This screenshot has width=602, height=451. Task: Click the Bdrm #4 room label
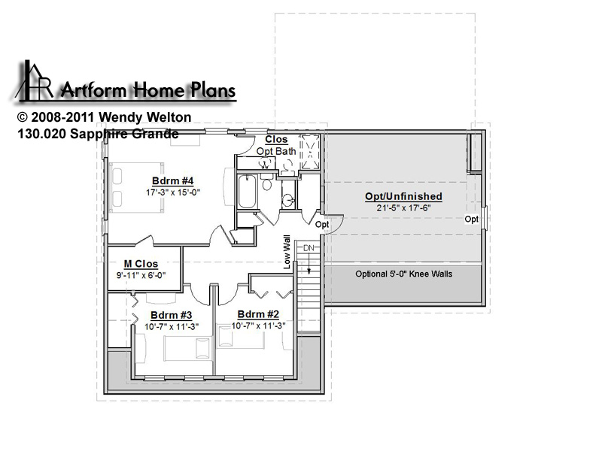pos(173,180)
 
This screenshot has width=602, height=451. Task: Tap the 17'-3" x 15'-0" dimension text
pos(173,192)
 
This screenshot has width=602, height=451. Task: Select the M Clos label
pos(141,264)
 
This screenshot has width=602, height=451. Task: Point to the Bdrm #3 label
pos(172,315)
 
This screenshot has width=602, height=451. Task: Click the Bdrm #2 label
pos(258,314)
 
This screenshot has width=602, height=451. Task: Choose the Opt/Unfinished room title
pos(403,196)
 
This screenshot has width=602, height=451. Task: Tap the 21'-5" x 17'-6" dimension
pos(403,208)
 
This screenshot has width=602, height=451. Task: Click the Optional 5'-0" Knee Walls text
pos(403,274)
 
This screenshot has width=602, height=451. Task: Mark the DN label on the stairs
pos(309,248)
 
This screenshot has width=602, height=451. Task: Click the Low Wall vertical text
pos(287,252)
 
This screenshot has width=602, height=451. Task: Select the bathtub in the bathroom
pos(248,192)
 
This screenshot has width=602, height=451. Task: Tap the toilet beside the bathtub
pos(267,183)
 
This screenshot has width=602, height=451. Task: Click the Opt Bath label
pos(276,152)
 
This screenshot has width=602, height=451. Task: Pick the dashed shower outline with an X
pos(309,152)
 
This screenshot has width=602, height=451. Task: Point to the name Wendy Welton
pos(145,117)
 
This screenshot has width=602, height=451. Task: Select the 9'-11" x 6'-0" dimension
pos(141,275)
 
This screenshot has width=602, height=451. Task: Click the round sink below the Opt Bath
pos(288,200)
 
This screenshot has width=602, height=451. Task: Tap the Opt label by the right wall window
pos(472,219)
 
